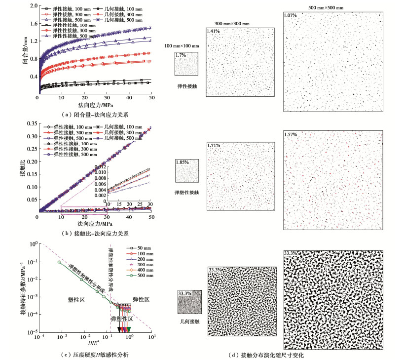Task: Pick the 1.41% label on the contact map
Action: pos(213,32)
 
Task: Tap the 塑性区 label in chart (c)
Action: pos(76,300)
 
